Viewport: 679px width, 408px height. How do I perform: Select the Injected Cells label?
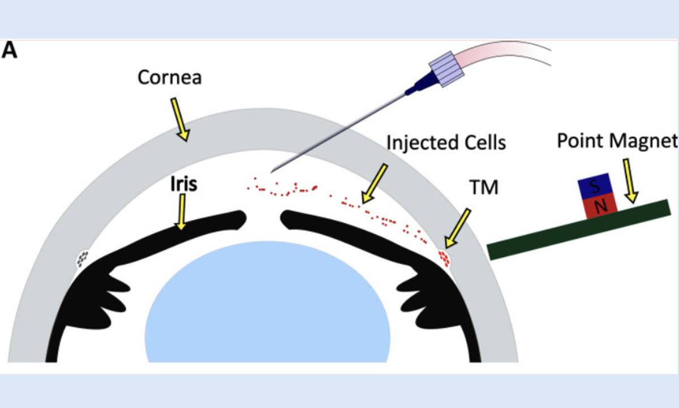446,142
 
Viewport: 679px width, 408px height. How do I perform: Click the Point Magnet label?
617,141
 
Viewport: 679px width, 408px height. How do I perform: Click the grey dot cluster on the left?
83,258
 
